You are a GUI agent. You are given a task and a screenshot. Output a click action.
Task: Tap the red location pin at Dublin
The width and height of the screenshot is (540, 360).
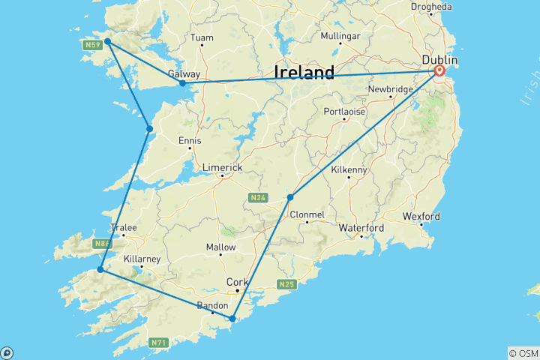click(439, 71)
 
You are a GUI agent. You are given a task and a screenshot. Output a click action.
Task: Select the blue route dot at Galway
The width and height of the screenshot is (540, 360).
click(182, 83)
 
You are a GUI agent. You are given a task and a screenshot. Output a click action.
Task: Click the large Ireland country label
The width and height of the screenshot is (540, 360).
click(304, 73)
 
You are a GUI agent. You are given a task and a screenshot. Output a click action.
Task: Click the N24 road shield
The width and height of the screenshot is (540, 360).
click(257, 198)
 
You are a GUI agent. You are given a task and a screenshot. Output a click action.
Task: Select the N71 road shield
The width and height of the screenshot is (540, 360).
click(157, 343)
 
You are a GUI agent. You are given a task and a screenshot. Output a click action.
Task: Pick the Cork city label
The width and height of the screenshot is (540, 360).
click(235, 282)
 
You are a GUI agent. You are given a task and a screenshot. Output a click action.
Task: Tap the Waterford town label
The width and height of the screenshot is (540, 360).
click(361, 227)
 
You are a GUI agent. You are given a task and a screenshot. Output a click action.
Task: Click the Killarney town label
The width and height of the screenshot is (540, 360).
click(142, 258)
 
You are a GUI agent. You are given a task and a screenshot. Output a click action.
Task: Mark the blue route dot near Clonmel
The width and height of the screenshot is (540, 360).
click(289, 197)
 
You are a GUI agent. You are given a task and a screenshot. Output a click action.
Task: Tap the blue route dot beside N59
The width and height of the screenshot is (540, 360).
click(108, 42)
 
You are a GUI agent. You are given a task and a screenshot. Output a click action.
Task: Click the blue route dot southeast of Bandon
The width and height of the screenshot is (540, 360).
click(232, 319)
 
